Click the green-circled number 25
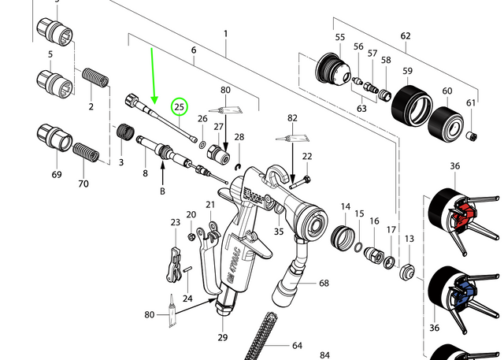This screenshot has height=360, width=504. pos(179,106)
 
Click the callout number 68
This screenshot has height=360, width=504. pos(324,283)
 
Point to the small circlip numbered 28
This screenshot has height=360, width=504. pos(239,167)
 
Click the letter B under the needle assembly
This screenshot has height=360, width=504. pos(163,191)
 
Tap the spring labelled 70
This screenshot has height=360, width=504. pos(86,153)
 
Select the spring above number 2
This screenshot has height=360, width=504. pos(95,77)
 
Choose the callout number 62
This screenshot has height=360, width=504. pos(406,35)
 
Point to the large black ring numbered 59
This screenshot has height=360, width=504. pos(412,106)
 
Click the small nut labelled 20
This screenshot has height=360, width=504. pos(191,237)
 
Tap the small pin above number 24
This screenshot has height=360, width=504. pos(187,269)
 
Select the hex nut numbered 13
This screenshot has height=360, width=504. pos(408,272)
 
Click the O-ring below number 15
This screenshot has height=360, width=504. pos(359,248)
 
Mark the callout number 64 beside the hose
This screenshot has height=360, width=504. pos(298,346)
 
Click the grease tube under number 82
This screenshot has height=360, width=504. pos(293,139)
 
